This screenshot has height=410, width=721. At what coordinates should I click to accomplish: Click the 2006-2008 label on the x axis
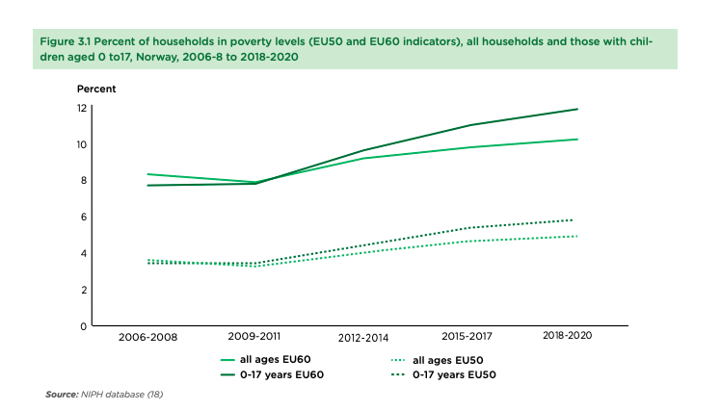pos(147,338)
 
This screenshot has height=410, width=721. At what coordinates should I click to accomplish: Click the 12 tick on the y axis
pos(83,108)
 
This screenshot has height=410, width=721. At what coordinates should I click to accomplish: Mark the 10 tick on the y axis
pos(83,144)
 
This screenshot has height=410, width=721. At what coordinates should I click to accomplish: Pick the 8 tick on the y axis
pos(84,181)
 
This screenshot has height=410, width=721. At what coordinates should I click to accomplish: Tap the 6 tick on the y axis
pos(84,218)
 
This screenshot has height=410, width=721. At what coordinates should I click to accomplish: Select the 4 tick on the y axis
pos(84,254)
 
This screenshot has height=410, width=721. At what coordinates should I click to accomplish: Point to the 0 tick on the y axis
pos(84,327)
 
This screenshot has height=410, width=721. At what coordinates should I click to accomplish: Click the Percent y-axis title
pos(96,89)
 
